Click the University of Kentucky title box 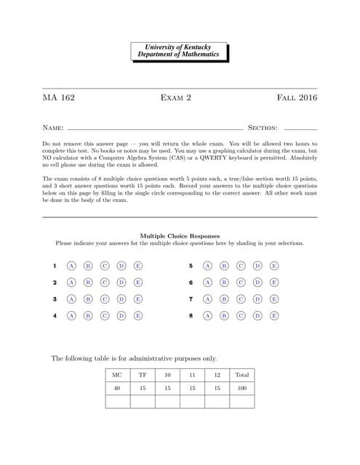point(180,51)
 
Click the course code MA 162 point(58,97)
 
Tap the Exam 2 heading point(180,97)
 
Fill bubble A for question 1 point(71,266)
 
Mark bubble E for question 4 point(138,316)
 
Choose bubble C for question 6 point(241,283)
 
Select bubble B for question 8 point(224,316)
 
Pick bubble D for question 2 point(121,283)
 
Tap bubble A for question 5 point(207,266)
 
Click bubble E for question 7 point(274,299)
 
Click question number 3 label point(55,299)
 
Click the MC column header point(117,375)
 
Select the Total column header point(241,375)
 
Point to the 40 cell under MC point(117,389)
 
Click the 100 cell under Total point(241,389)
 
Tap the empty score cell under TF point(143,402)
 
